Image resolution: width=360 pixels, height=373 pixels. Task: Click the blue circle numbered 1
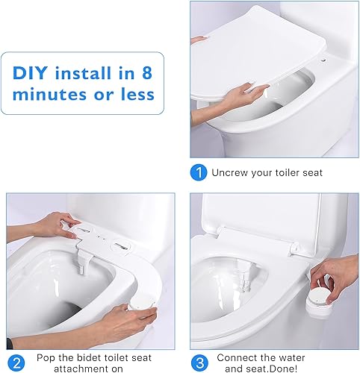(x=198, y=172)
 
